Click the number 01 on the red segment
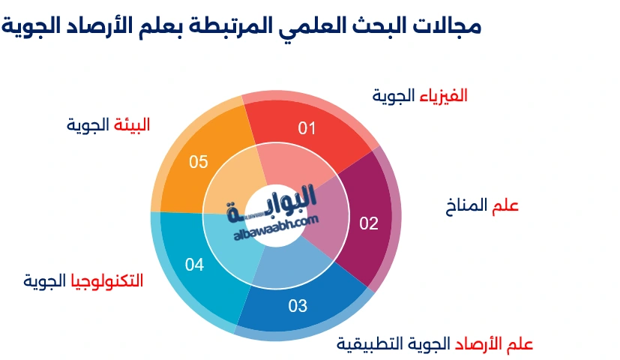pos(307,128)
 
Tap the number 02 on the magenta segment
pos(369,223)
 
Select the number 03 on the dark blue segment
pos(298,305)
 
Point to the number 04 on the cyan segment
pos(194,264)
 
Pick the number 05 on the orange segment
pos(199,161)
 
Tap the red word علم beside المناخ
pos(505,205)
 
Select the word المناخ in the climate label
pos(466,205)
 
